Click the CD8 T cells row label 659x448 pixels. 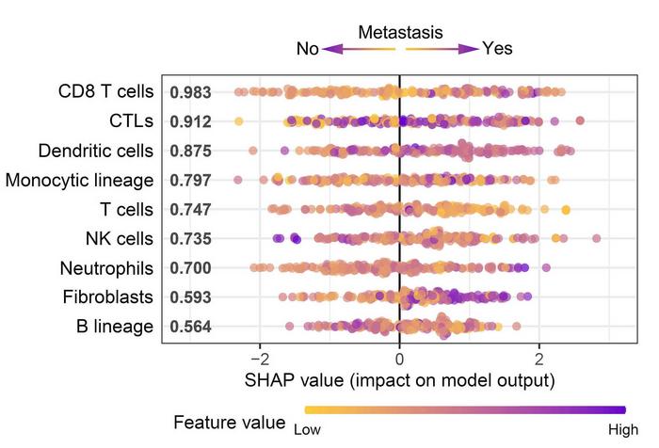[107, 91]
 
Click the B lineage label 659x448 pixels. [118, 327]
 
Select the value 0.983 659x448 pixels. [190, 92]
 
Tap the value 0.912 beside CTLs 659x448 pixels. [190, 121]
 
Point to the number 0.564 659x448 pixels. [190, 328]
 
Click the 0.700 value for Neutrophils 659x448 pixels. [190, 268]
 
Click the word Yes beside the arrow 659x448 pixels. [497, 49]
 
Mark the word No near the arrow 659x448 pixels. [308, 49]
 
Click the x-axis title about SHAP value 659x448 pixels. [400, 381]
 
